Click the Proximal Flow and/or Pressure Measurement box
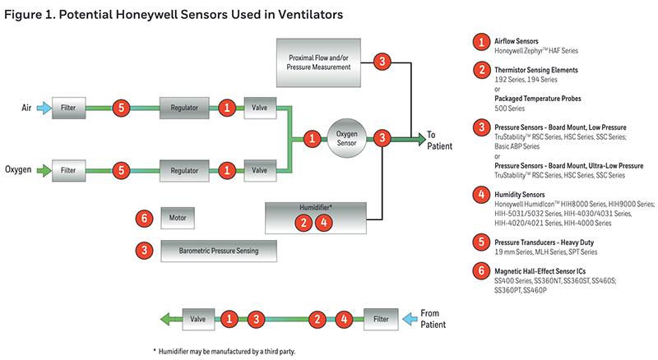pyautogui.click(x=321, y=62)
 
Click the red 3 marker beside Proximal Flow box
pyautogui.click(x=381, y=61)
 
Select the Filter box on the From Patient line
pyautogui.click(x=380, y=317)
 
